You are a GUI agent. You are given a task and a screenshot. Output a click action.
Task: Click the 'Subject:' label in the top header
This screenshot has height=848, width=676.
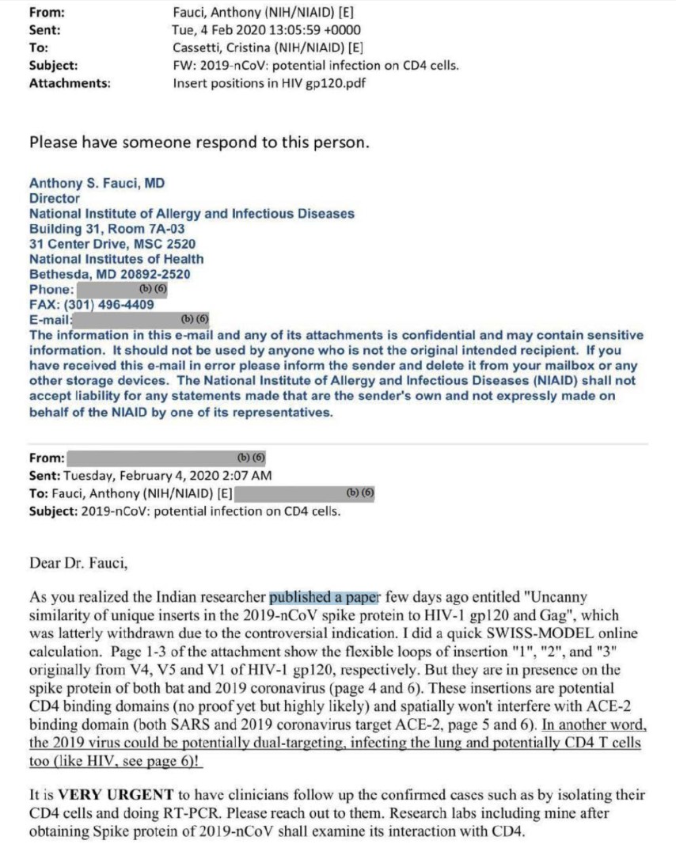point(53,65)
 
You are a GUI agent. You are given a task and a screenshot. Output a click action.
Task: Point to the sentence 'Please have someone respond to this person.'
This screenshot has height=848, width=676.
point(199,143)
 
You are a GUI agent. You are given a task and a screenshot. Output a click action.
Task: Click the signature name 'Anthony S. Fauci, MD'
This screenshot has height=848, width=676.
point(97,184)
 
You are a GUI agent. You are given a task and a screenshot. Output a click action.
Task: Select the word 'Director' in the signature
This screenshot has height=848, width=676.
point(55,199)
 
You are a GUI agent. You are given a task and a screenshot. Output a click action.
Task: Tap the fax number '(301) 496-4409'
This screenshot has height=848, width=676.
point(116,304)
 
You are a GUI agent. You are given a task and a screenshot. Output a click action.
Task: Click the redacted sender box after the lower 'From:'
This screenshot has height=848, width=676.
point(167,458)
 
